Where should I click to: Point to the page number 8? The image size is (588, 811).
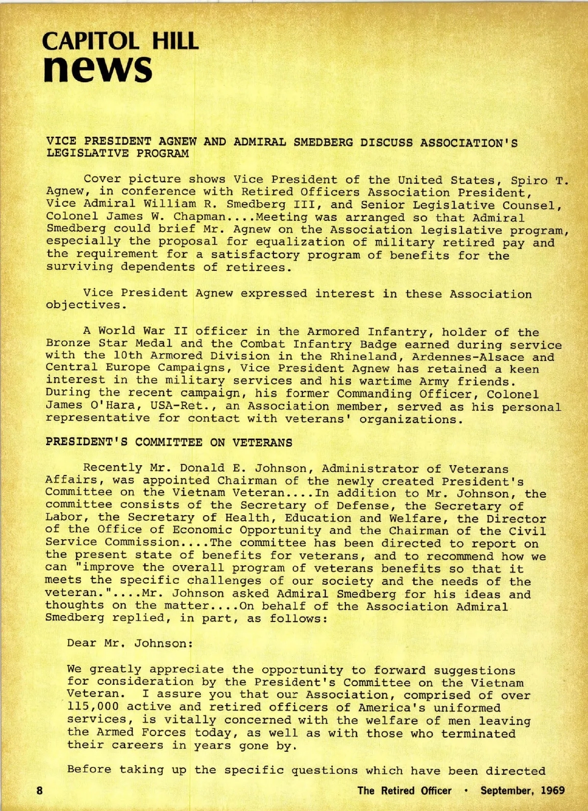click(40, 790)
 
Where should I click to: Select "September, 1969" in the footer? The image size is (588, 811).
click(522, 790)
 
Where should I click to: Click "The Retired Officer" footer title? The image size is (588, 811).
click(404, 790)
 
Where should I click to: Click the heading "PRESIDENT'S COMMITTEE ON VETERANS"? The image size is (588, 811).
click(169, 442)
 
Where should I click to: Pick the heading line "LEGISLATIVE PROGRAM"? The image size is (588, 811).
click(118, 153)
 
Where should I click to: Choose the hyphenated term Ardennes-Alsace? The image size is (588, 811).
click(468, 357)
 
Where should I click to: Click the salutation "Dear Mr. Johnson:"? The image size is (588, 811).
click(130, 643)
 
